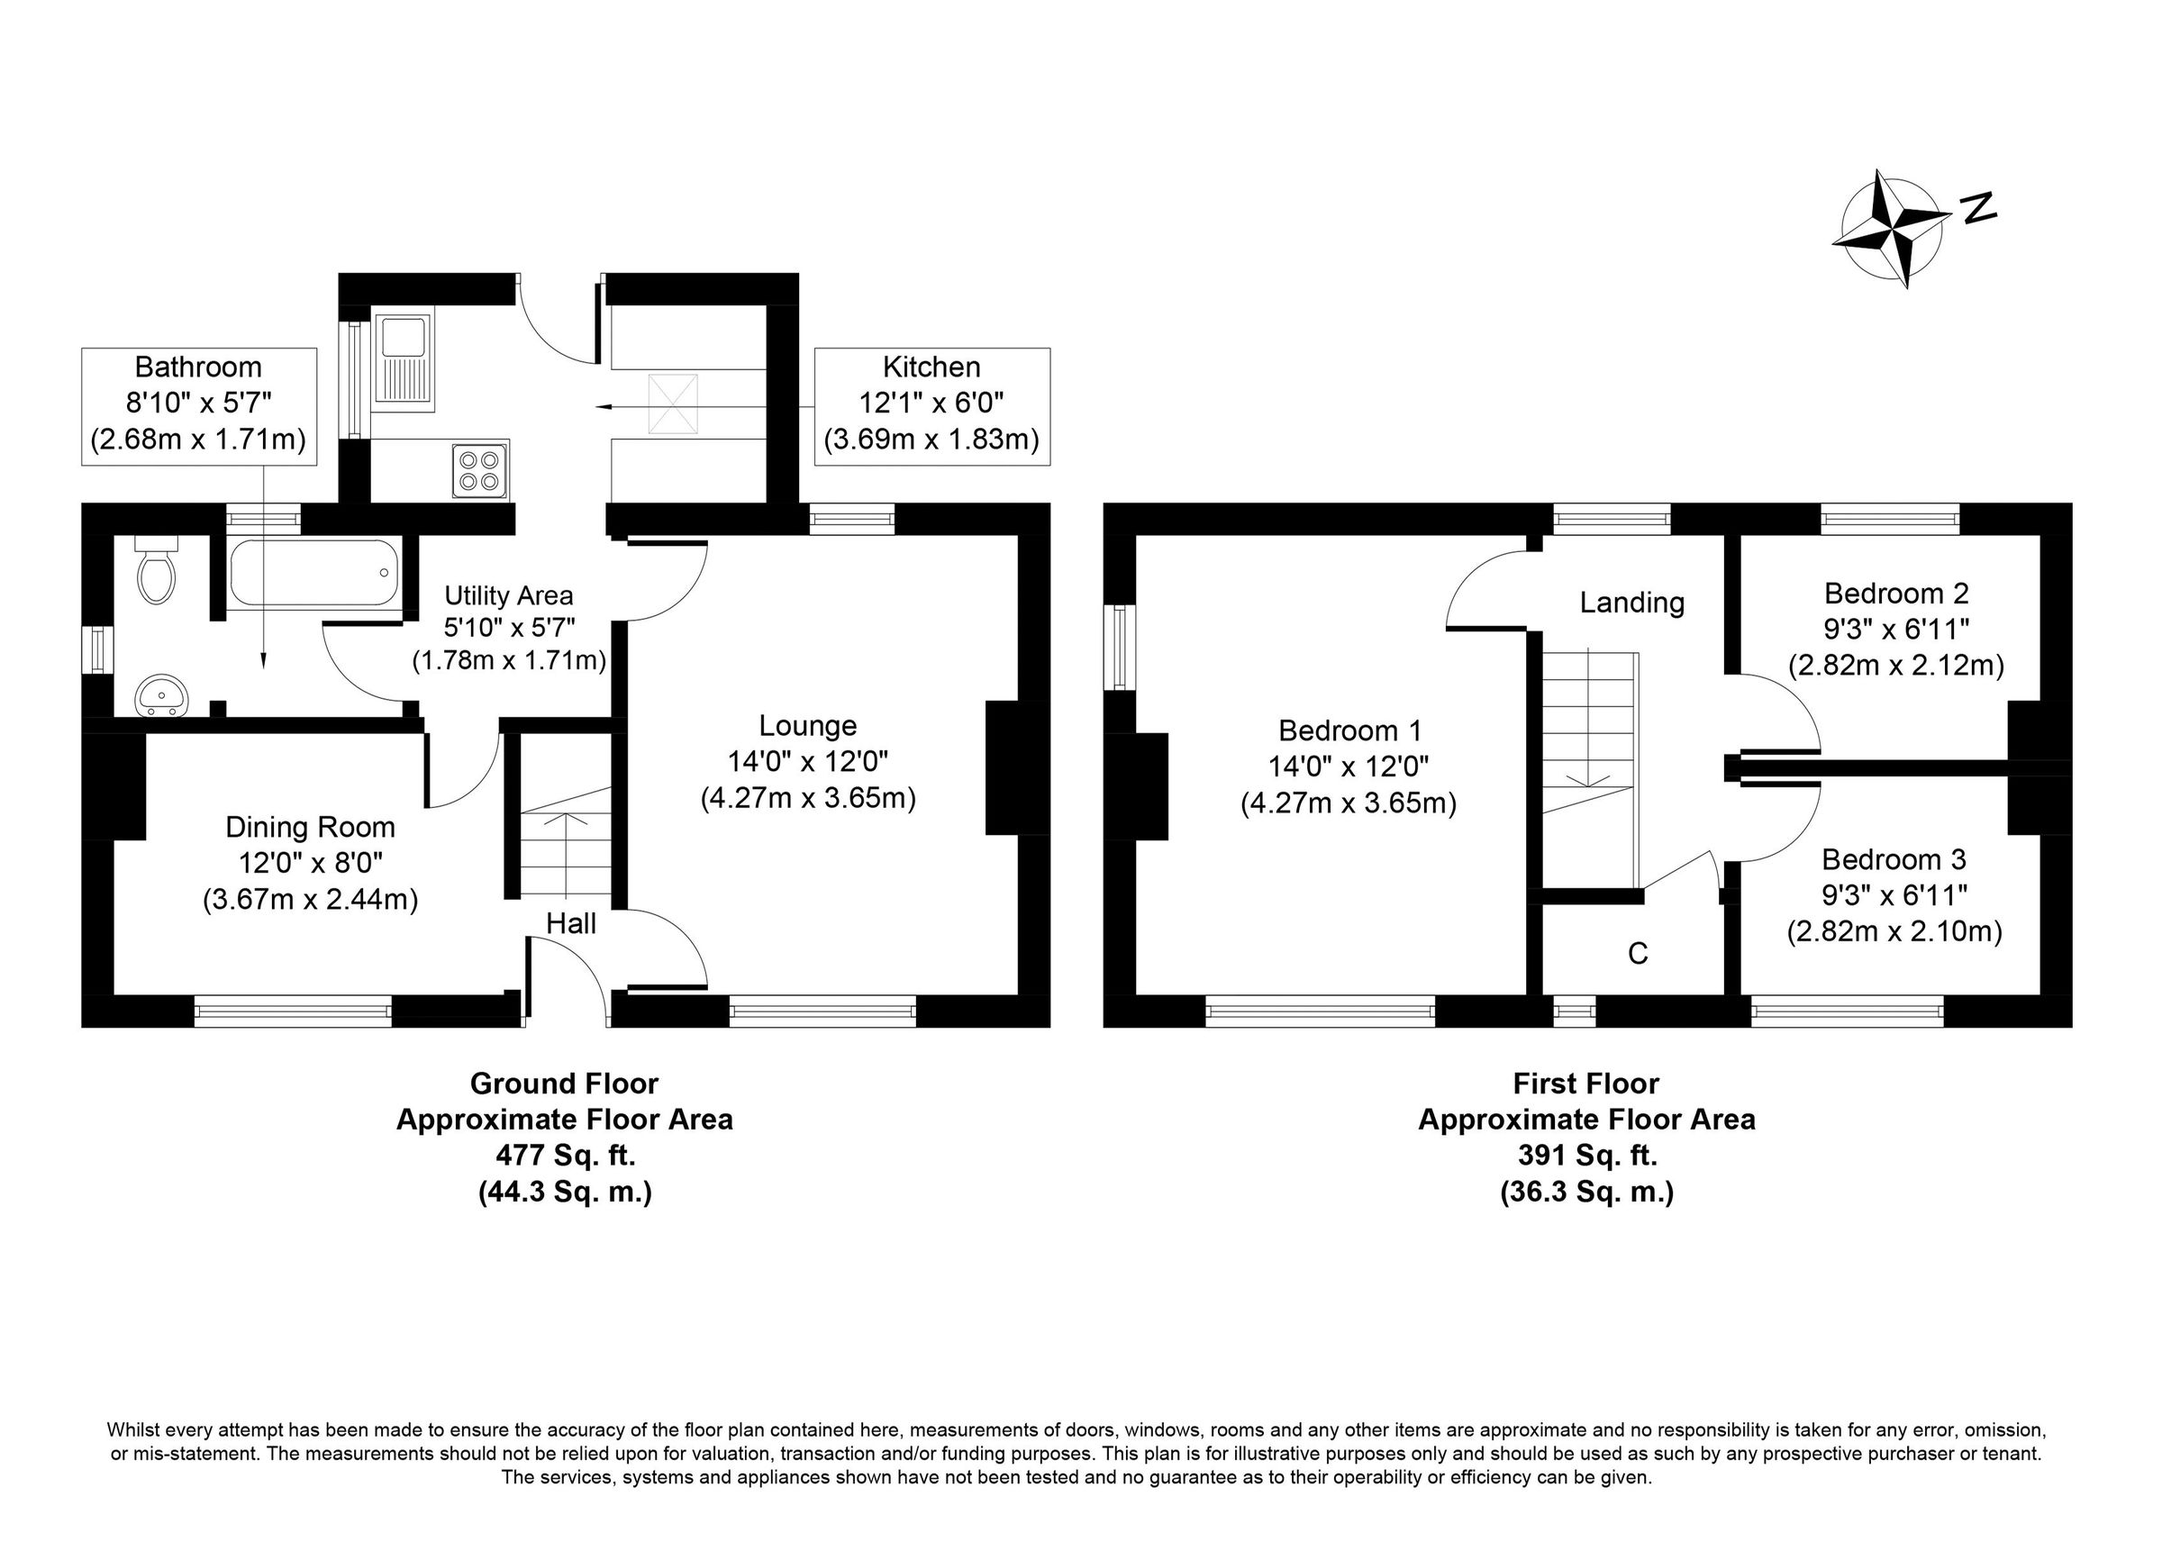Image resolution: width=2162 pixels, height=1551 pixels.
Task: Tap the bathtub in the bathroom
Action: click(313, 573)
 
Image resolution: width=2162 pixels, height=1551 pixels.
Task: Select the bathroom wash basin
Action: click(163, 694)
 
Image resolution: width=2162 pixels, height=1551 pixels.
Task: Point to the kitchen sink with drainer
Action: click(404, 361)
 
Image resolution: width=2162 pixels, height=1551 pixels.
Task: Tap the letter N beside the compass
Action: click(1979, 208)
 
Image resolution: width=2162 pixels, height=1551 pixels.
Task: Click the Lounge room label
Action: click(807, 726)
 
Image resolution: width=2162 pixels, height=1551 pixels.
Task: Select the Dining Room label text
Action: click(310, 828)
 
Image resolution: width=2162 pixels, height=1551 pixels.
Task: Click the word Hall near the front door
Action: click(571, 923)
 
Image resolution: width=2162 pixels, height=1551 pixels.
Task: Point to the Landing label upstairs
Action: click(1632, 603)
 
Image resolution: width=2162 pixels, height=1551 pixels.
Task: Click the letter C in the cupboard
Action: click(1638, 953)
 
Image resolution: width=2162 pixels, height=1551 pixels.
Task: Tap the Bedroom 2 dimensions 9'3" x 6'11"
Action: click(1896, 630)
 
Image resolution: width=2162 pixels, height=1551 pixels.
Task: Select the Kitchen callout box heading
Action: click(931, 367)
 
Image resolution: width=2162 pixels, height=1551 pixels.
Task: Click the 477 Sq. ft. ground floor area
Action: click(566, 1156)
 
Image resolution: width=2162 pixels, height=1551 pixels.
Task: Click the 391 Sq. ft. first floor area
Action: click(1587, 1156)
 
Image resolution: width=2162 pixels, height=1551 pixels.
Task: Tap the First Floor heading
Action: click(1586, 1084)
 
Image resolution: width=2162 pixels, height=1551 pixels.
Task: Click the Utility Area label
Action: click(509, 595)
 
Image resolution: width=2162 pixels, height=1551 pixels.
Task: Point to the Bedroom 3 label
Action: click(1894, 860)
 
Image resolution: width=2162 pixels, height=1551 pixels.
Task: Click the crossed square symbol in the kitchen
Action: click(673, 405)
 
